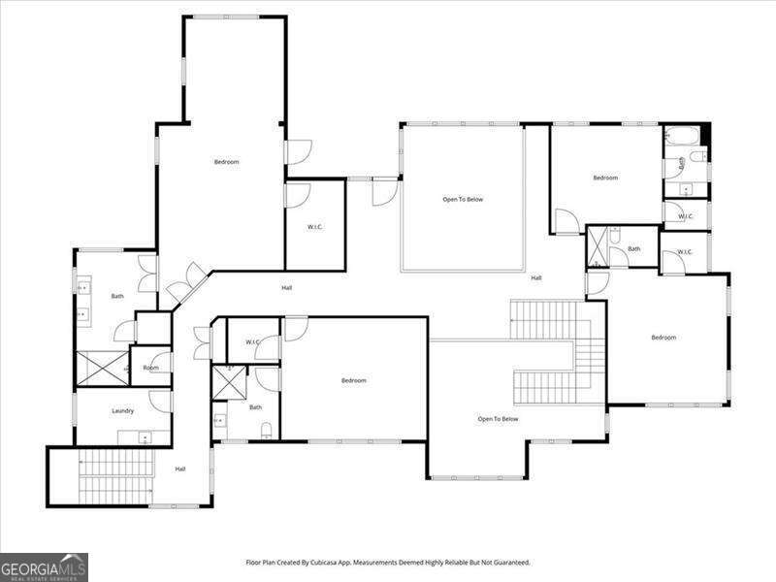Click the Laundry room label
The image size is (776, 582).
tap(122, 410)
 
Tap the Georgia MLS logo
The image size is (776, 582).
tap(44, 566)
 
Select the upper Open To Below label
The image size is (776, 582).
tap(463, 199)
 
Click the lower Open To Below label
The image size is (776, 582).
tap(498, 419)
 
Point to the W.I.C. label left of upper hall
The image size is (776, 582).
tap(314, 227)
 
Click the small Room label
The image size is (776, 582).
tap(150, 368)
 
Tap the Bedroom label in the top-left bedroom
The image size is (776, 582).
tap(226, 162)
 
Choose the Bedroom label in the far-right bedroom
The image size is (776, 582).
tap(663, 338)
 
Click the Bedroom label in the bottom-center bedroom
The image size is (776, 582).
tap(353, 380)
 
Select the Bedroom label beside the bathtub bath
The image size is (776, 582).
tap(605, 178)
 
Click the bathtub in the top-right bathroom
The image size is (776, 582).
tap(685, 137)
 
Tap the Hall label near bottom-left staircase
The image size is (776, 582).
tap(180, 469)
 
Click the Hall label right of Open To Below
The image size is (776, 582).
tap(535, 278)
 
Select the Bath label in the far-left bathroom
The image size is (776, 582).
tap(117, 296)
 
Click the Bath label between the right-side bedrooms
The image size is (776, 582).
tap(633, 249)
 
